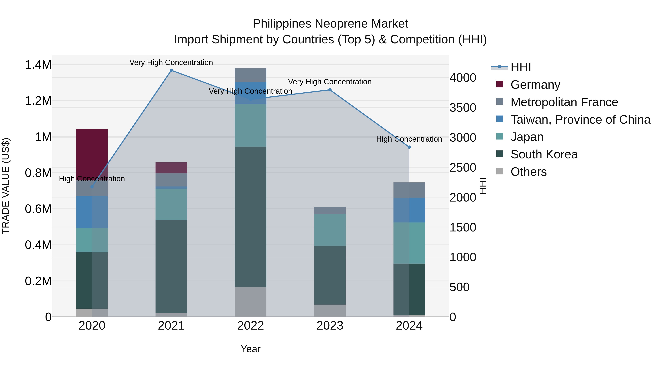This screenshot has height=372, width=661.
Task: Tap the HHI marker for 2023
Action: [x=330, y=90]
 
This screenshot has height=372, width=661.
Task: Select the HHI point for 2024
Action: [x=409, y=147]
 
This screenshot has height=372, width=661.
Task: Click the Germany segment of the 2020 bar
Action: [x=92, y=152]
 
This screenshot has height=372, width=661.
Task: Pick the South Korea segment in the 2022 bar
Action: [x=250, y=217]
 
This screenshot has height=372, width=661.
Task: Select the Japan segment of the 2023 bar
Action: [x=330, y=230]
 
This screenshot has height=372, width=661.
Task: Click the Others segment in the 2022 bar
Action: [x=250, y=302]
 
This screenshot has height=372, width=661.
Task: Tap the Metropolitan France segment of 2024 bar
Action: [x=409, y=190]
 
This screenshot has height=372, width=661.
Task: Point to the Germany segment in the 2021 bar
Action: [x=171, y=168]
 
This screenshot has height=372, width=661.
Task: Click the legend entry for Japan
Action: [x=527, y=137]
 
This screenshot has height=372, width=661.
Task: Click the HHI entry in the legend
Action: [x=520, y=67]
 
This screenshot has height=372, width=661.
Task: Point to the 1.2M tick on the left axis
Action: [x=38, y=101]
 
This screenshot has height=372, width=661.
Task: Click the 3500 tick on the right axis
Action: [x=463, y=108]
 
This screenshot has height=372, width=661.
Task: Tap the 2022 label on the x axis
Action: [x=250, y=326]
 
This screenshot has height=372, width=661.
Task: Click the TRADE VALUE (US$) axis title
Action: [x=6, y=186]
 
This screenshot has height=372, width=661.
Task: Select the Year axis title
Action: [x=250, y=349]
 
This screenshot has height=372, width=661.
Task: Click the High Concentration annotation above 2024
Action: [x=409, y=139]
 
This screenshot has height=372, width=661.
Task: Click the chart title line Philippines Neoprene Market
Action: [x=330, y=24]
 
